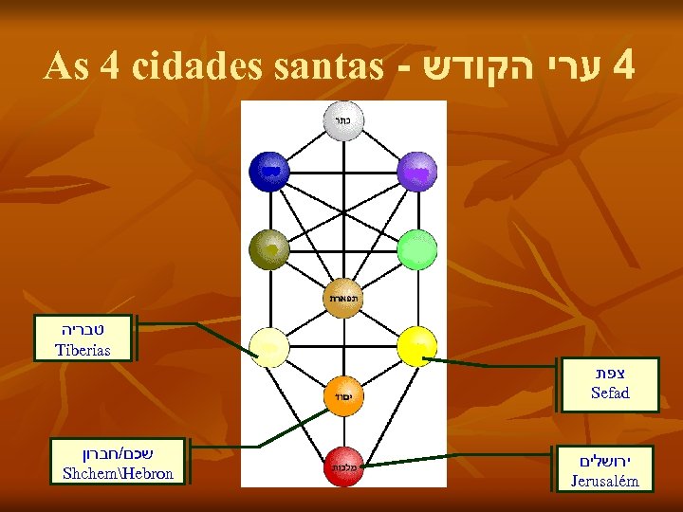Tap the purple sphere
tap(416, 171)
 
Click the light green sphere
tap(416, 250)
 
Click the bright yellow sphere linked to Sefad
tap(417, 347)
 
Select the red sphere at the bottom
tap(343, 466)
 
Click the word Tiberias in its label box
tap(83, 351)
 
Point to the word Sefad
tap(609, 393)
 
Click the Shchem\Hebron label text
tap(118, 473)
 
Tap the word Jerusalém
tap(604, 482)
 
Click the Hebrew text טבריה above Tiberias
tap(83, 331)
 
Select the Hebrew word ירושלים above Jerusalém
tap(604, 461)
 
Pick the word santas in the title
tap(328, 66)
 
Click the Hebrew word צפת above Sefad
tap(609, 374)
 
